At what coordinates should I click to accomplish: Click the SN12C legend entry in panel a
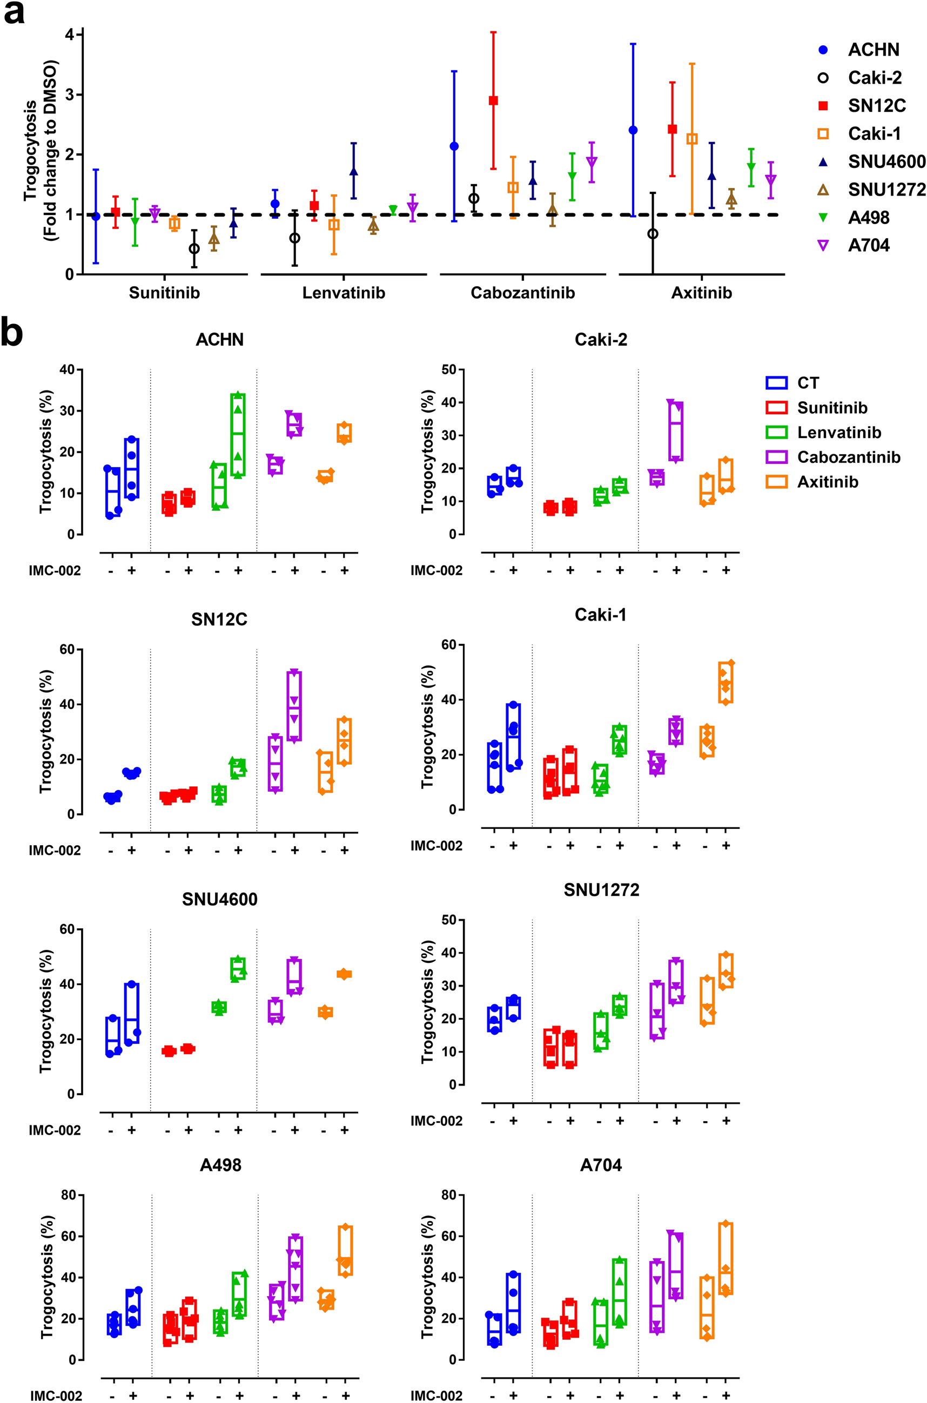[x=877, y=106]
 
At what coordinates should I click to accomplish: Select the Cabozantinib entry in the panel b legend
[x=848, y=457]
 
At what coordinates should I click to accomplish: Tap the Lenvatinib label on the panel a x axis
[x=344, y=293]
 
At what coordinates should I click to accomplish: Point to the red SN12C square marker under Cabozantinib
[x=493, y=100]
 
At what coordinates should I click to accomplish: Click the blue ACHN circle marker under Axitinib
[x=633, y=130]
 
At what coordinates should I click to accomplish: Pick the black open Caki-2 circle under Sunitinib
[x=194, y=249]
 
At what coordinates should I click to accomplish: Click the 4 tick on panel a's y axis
[x=70, y=35]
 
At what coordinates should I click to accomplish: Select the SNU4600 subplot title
[x=219, y=900]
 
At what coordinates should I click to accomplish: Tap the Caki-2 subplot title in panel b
[x=601, y=340]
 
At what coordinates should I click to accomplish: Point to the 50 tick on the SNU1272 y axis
[x=449, y=920]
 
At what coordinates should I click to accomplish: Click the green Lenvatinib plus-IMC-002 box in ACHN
[x=238, y=434]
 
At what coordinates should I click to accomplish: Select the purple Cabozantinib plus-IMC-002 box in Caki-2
[x=676, y=431]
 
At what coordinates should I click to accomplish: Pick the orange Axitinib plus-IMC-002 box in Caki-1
[x=726, y=683]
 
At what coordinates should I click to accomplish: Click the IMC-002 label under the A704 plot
[x=436, y=1395]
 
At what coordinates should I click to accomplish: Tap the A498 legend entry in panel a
[x=868, y=218]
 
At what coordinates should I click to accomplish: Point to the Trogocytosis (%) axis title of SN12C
[x=45, y=731]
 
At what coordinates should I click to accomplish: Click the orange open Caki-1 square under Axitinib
[x=691, y=139]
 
